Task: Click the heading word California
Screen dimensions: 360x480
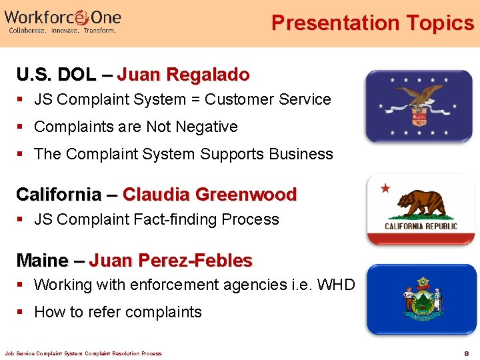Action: [x=58, y=194]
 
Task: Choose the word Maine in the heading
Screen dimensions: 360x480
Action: [x=42, y=259]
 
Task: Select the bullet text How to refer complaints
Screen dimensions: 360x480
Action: [x=117, y=312]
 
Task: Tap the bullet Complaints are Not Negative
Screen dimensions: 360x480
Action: [x=135, y=127]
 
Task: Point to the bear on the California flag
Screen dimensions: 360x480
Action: [x=421, y=203]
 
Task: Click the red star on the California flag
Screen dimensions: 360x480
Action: [x=385, y=189]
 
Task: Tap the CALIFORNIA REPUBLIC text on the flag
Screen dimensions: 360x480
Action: [x=421, y=226]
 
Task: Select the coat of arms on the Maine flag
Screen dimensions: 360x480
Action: [x=421, y=301]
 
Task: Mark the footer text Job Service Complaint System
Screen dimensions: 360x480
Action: [x=46, y=353]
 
